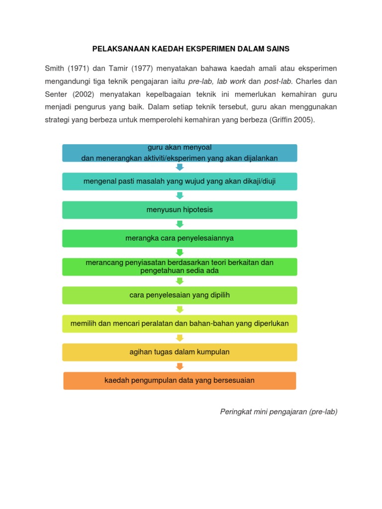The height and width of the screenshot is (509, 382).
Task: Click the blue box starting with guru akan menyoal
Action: coord(180,153)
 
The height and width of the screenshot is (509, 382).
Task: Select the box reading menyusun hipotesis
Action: coord(180,210)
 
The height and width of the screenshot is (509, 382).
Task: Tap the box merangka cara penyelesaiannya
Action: coord(180,238)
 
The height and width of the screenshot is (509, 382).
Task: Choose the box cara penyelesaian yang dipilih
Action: coord(180,295)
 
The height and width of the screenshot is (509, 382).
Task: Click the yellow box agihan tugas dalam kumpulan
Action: coord(180,352)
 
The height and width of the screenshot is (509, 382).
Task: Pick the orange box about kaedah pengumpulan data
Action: coord(180,380)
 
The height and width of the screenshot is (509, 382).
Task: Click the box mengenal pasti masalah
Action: coord(180,181)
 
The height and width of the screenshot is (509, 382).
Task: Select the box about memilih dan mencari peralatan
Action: coord(180,324)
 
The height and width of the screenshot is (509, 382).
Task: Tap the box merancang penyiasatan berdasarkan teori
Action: coord(180,266)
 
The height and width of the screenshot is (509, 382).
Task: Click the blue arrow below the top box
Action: coord(180,167)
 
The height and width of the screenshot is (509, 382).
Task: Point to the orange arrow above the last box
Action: coord(180,366)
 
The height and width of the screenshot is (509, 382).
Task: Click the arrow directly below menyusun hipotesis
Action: coord(180,224)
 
